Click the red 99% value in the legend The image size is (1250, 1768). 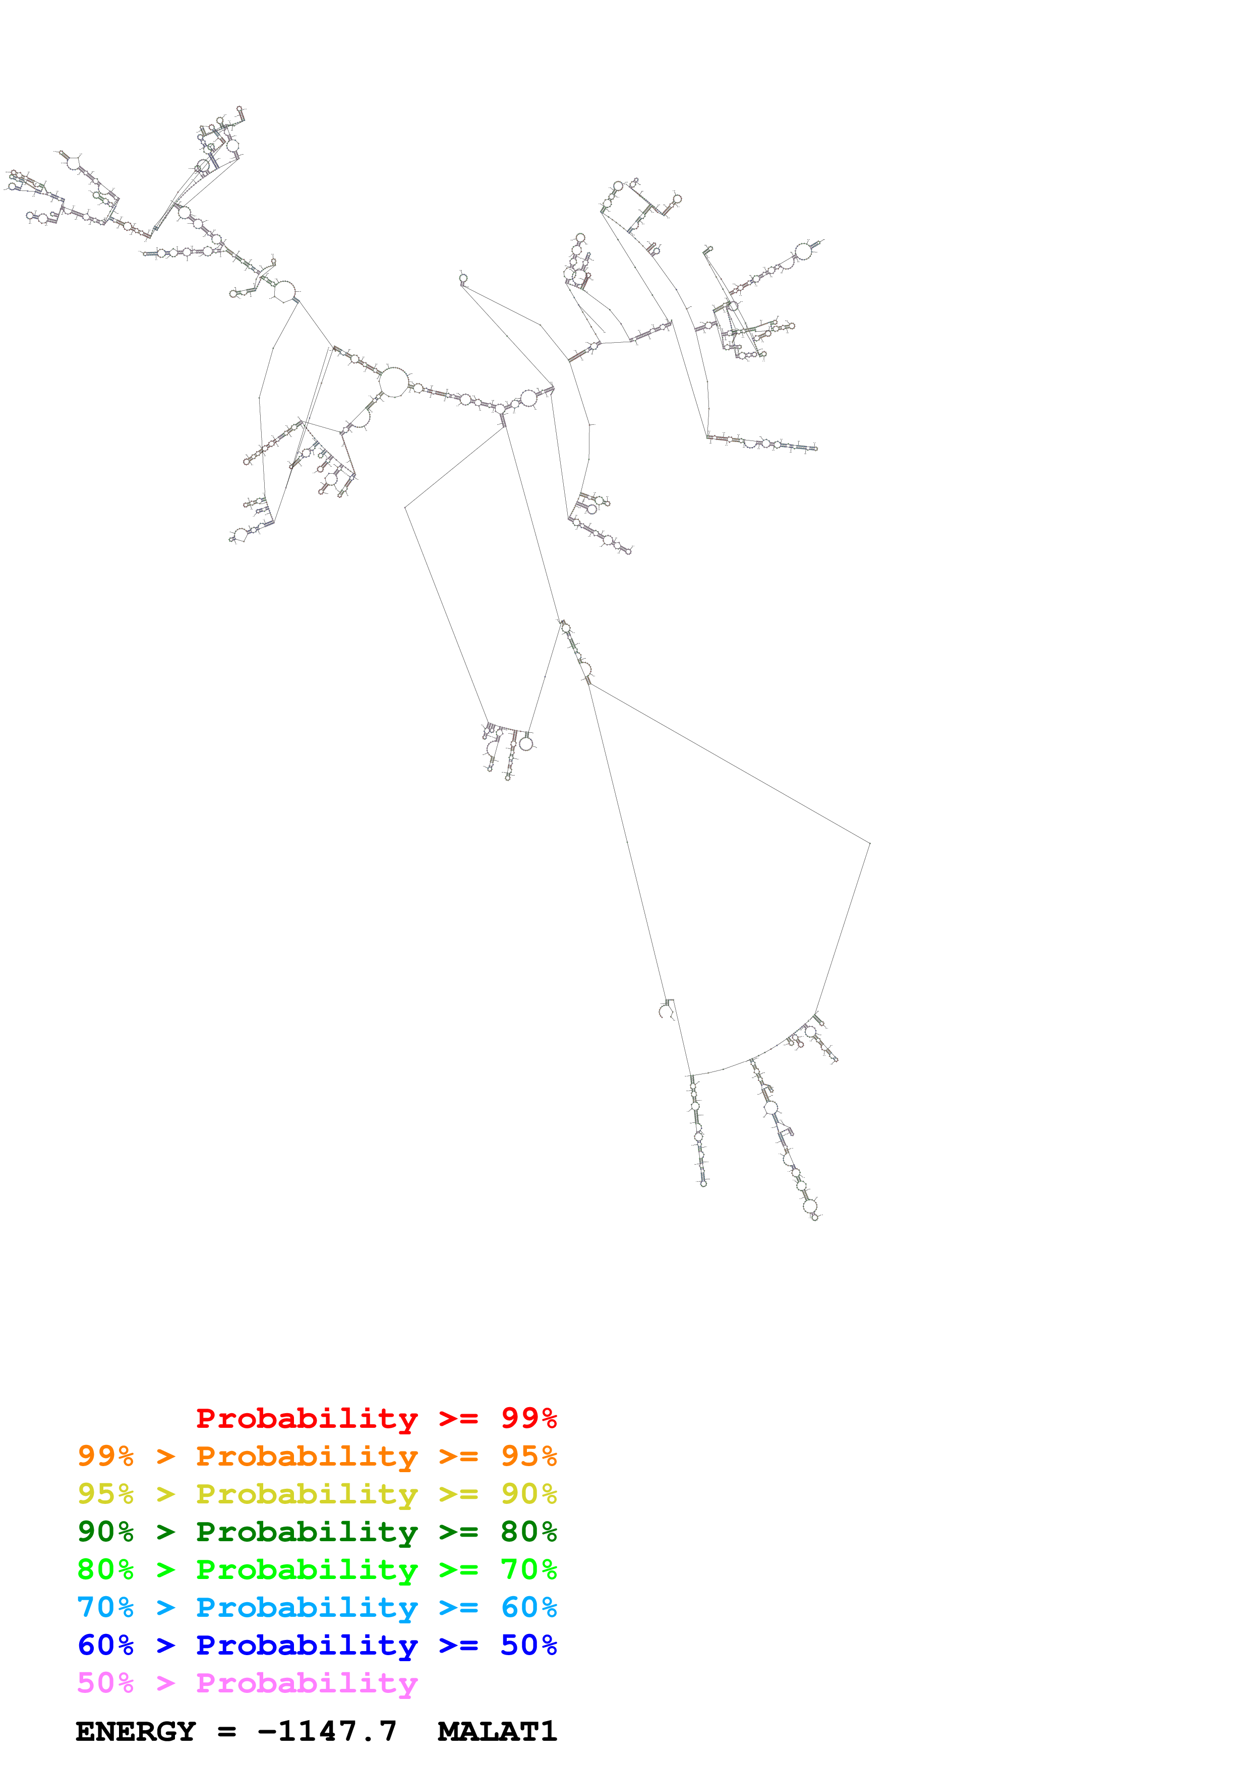coord(528,1418)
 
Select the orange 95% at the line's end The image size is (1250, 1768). coord(528,1456)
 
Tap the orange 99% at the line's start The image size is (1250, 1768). coord(105,1456)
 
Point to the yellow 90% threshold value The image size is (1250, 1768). coord(528,1494)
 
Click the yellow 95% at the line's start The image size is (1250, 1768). coord(105,1494)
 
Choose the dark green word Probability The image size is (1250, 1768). coord(307,1532)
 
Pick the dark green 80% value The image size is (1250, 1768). coord(528,1532)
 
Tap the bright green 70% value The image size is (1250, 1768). coord(528,1569)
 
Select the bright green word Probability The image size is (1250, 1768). coord(307,1569)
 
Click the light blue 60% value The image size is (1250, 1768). coord(528,1607)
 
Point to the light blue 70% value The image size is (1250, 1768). coord(105,1607)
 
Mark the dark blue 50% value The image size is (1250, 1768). coord(528,1645)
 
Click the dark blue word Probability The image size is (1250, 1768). coord(307,1645)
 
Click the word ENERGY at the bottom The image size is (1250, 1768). coord(136,1732)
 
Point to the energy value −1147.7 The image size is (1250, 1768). coord(327,1732)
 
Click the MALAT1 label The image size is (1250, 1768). coord(497,1732)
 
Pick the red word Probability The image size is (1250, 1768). coord(307,1418)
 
